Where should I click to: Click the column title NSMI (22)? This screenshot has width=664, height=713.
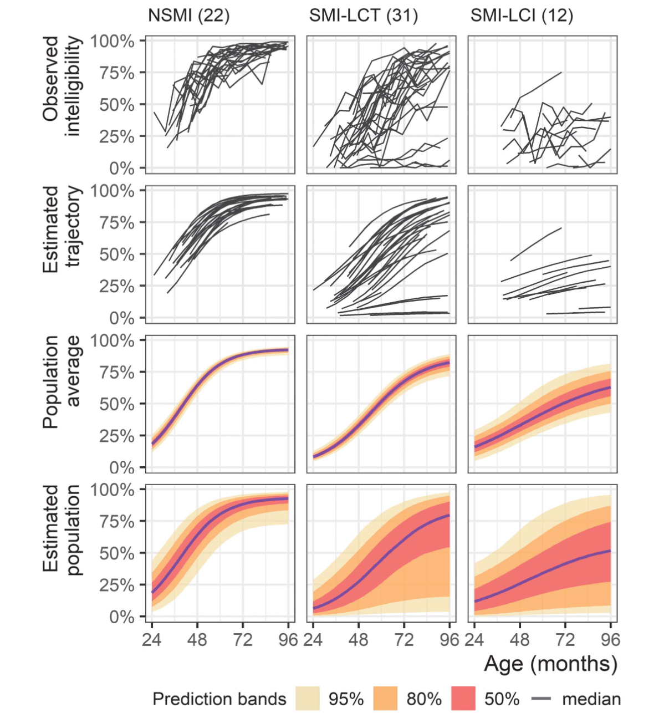tap(188, 16)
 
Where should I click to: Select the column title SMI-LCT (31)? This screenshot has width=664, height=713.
tap(363, 16)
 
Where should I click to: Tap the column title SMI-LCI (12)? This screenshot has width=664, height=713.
tap(522, 16)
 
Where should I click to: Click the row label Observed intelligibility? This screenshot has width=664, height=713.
tap(62, 87)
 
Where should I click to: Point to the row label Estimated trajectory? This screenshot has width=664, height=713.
tap(62, 226)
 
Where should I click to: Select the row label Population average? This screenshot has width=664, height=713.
tap(62, 381)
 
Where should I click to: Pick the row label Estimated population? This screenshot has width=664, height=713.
tap(62, 531)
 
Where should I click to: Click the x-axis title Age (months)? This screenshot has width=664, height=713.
tap(550, 664)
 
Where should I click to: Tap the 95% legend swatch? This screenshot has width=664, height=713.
tap(308, 699)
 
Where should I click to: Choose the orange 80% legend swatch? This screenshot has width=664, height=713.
tap(385, 699)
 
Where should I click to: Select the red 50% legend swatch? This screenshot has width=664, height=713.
tap(463, 699)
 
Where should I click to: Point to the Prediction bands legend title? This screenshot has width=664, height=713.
tap(219, 699)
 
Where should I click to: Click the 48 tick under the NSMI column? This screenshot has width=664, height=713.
tap(197, 640)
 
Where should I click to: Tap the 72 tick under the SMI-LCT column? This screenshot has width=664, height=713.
tap(404, 640)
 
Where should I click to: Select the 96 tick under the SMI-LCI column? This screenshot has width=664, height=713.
tap(610, 640)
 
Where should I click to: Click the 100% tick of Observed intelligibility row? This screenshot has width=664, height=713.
tap(112, 41)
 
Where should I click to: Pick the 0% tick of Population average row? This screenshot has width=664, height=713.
tap(121, 468)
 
